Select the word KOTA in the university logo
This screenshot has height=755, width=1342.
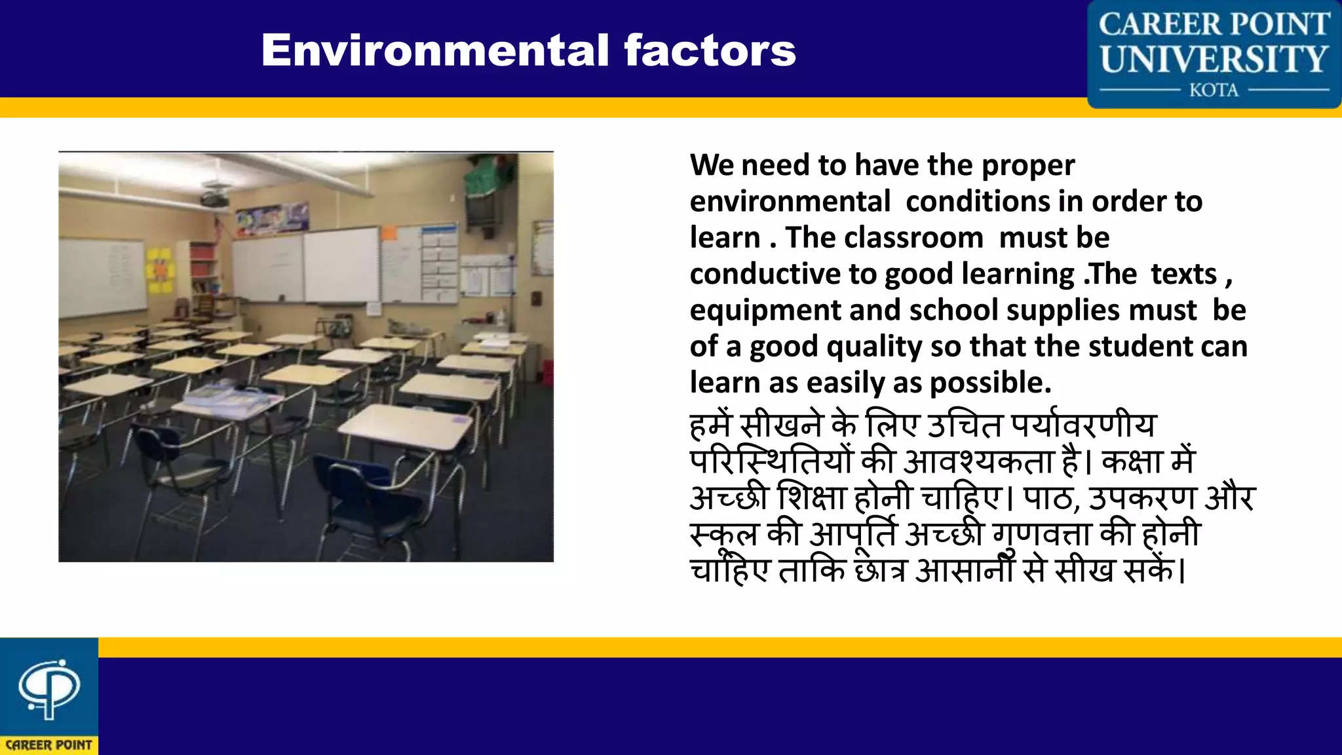1214,90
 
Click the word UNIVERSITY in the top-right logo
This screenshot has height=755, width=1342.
1214,59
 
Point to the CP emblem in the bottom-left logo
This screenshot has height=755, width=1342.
49,688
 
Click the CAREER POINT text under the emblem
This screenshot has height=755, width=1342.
49,745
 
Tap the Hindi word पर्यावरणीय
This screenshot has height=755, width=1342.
1083,426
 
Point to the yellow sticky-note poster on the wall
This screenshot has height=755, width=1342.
161,269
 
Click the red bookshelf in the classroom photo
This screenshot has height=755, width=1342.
203,269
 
